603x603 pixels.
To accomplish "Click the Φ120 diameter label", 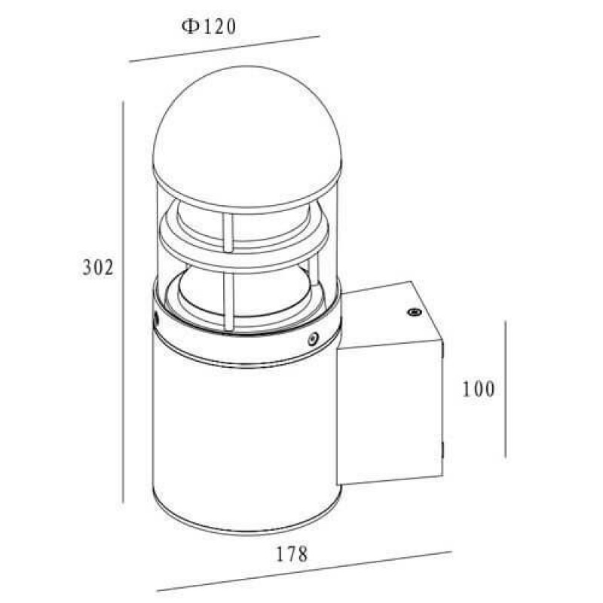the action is pos(209,27).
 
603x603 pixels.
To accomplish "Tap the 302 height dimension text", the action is pos(98,268).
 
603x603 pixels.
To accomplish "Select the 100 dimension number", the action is pos(478,389).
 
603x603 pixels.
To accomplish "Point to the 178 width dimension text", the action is pos(292,554).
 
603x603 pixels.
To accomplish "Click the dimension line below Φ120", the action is pos(225,48).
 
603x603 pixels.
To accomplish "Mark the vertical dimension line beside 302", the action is pos(123,302).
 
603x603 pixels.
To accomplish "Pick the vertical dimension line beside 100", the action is pos(505,389).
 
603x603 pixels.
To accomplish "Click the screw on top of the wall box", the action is pos(414,312).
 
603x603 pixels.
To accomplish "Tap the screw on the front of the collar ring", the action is pos(313,338).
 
